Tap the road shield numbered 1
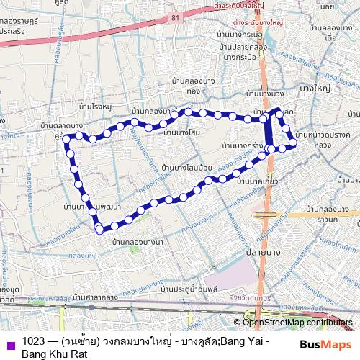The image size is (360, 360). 2,170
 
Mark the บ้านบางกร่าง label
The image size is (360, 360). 242,145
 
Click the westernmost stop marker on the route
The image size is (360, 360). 66,138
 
